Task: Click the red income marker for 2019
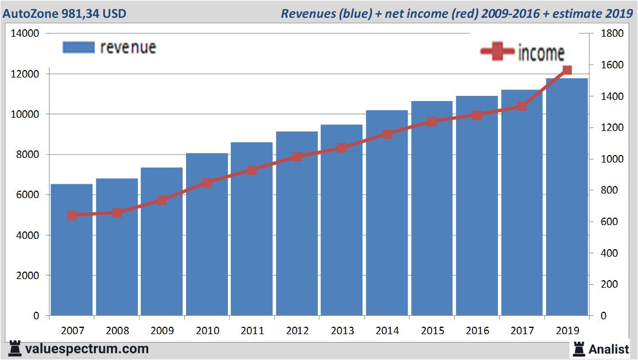coord(567,70)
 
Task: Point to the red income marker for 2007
coord(72,215)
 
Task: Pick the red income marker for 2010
coord(207,183)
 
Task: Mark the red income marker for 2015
coord(432,121)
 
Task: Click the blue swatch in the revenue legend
coord(78,47)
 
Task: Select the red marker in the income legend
coord(497,52)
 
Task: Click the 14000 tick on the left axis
coord(25,34)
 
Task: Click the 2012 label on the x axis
coord(297,331)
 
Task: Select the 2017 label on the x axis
coord(522,331)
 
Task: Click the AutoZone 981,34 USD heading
coord(65,13)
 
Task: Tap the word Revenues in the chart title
coord(307,13)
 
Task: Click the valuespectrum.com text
coord(87,349)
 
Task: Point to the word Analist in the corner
coord(609,349)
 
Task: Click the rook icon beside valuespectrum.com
coord(16,348)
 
